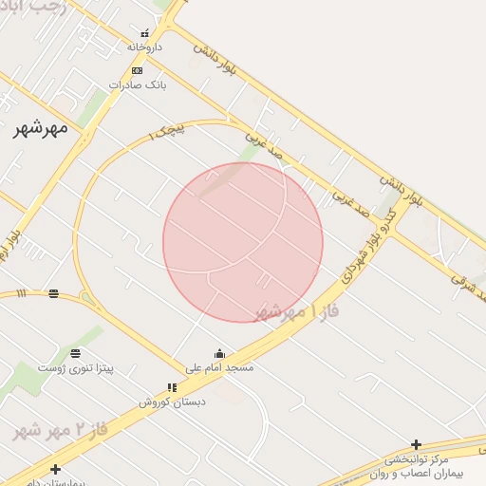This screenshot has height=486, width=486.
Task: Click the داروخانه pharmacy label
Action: pos(144,46)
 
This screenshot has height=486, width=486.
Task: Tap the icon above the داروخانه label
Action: pos(144,33)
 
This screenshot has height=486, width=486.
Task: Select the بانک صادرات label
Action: pos(138,84)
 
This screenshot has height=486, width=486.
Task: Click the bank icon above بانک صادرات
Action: pos(138,70)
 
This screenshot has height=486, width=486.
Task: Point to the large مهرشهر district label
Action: pos(41,128)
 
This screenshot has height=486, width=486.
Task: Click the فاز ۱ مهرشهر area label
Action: pos(297,311)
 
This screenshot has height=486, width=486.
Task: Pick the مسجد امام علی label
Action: pos(219,366)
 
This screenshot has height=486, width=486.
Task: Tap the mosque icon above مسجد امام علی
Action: pos(219,353)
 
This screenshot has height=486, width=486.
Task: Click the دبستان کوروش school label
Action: pos(172,401)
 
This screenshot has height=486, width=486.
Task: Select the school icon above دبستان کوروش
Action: pos(172,387)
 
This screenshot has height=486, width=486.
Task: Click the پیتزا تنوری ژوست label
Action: pos(76,366)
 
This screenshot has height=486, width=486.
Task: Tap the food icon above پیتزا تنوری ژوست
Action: pos(76,353)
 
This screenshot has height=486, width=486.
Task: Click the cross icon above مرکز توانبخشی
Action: pos(416,444)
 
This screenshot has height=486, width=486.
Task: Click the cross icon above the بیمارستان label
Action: pos(55,469)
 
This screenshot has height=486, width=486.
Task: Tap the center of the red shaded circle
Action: pos(243,242)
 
